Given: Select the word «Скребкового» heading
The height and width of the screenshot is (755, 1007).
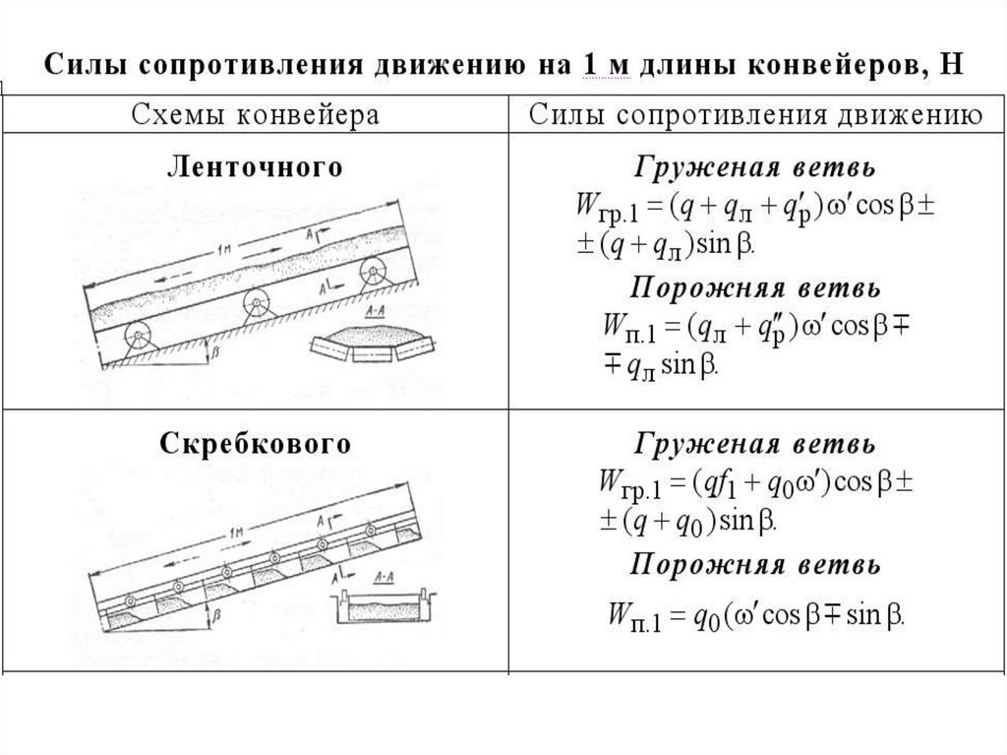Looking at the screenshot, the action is click(x=255, y=445).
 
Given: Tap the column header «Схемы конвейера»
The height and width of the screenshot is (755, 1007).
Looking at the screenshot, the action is click(x=254, y=114).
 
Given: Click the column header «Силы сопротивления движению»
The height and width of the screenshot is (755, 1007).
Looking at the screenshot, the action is click(x=754, y=114).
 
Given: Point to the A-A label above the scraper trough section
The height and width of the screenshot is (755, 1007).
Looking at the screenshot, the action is click(x=385, y=579).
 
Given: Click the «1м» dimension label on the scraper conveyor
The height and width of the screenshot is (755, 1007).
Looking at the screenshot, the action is click(x=235, y=533).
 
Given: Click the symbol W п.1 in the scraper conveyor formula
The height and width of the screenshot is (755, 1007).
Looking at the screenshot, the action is click(x=628, y=617).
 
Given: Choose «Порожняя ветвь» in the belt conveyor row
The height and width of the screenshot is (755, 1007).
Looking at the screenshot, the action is click(x=754, y=289).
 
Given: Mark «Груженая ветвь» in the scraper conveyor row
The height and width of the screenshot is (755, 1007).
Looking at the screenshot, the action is click(x=754, y=445).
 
